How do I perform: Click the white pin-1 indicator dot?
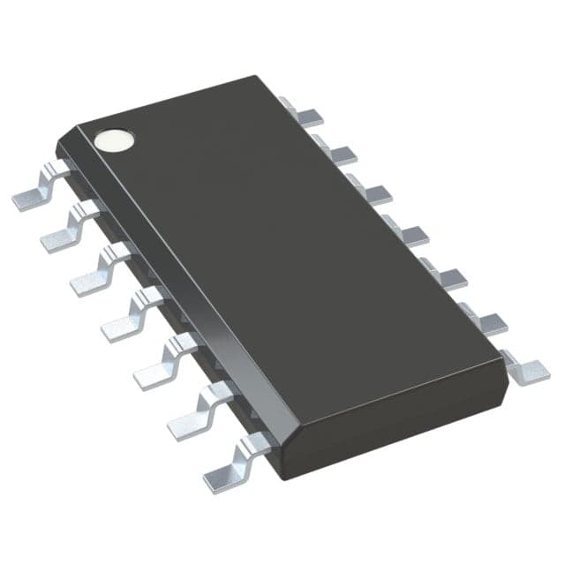pyautogui.click(x=115, y=139)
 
